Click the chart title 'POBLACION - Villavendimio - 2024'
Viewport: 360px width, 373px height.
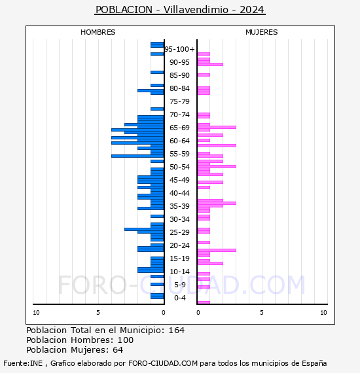(180, 10)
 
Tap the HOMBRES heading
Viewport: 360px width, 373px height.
(98, 32)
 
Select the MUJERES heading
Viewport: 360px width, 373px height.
(262, 32)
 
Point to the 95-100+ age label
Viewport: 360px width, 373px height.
(179, 49)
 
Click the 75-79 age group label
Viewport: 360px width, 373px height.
(179, 101)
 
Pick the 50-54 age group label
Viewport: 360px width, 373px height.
(179, 167)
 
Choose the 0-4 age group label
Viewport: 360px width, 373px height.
(179, 298)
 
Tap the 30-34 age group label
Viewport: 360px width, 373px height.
(179, 219)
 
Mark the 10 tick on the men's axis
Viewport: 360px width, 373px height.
(36, 313)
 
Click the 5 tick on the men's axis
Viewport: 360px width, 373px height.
(98, 313)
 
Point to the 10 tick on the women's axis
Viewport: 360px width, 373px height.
(323, 313)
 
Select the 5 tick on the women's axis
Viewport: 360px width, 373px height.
(262, 313)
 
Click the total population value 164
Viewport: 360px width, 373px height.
(177, 330)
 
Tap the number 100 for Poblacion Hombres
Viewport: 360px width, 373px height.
(126, 340)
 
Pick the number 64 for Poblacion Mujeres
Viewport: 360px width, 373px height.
(118, 350)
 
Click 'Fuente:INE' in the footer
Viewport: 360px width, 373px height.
(23, 363)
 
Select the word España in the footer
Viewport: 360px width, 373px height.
(314, 363)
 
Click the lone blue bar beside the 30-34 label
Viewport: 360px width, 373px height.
(157, 216)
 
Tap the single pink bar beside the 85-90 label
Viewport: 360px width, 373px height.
(204, 75)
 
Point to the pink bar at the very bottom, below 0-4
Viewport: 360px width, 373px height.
(204, 302)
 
